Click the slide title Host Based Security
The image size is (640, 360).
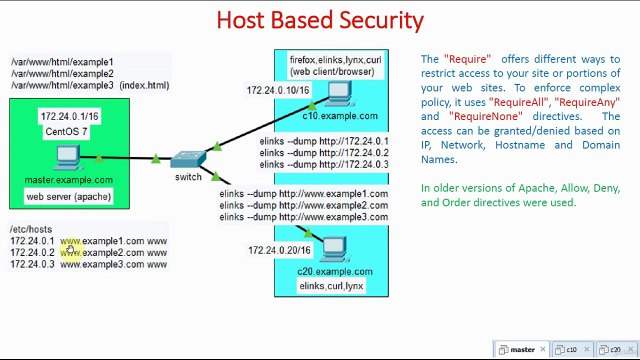(320, 19)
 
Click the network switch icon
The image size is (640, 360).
(187, 161)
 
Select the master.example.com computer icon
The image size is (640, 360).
(68, 158)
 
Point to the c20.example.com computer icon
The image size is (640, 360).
(333, 249)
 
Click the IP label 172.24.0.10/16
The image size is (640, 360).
(277, 91)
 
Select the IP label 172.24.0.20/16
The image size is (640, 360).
(279, 250)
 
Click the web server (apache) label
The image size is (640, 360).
(68, 197)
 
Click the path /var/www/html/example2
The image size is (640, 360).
(62, 74)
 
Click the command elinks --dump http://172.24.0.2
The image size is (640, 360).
(324, 153)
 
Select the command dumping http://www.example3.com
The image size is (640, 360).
(303, 217)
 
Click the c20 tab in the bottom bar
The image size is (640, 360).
(610, 350)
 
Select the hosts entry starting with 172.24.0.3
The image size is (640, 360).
(88, 265)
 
